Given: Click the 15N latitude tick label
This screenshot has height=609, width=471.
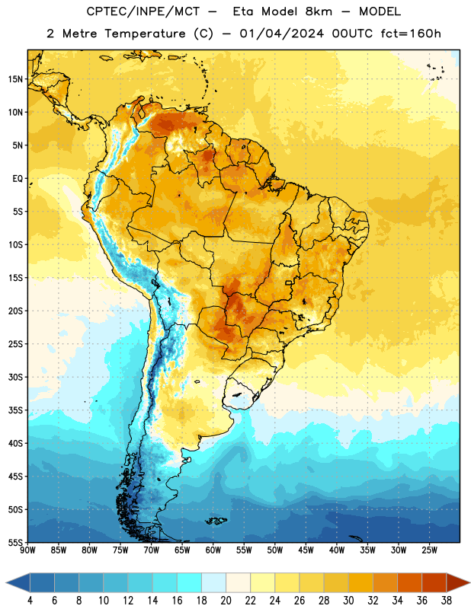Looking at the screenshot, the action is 15,79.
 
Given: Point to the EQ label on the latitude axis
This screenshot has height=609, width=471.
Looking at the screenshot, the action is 18,179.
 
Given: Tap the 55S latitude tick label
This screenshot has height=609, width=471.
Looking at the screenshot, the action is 15,542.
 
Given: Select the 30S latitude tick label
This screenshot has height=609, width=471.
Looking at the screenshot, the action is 15,377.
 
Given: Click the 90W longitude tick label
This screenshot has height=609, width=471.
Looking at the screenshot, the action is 28,550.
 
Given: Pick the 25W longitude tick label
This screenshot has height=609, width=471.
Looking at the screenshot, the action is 430,550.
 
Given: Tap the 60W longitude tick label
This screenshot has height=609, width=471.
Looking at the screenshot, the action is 213,550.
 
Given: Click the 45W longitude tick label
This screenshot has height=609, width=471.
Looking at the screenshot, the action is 306,550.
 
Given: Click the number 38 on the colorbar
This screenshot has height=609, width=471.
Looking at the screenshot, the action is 446,601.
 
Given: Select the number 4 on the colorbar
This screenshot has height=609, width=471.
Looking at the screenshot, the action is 30,601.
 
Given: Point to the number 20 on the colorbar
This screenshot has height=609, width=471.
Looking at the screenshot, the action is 226,601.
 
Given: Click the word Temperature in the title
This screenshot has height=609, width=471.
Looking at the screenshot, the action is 146,33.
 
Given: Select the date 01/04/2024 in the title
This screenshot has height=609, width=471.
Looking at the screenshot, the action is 281,33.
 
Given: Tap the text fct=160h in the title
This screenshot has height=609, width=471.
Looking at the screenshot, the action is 411,33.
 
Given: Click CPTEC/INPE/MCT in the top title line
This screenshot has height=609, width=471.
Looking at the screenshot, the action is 143,11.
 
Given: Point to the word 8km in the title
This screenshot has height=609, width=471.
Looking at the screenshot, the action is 319,11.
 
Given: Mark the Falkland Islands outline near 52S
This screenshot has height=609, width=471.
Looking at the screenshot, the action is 216,521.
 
